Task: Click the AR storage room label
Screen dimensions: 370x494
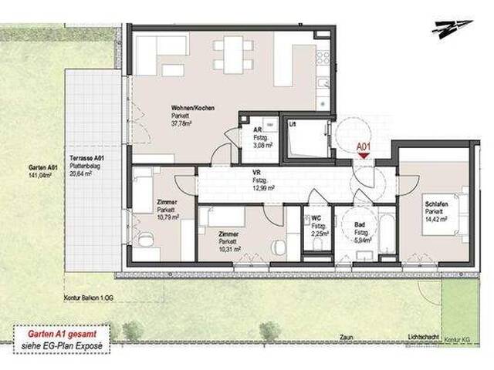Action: point(257,130)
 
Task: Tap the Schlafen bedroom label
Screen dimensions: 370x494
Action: point(435,204)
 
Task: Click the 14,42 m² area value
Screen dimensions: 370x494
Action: point(437,220)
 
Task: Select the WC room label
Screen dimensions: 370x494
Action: point(316,218)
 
